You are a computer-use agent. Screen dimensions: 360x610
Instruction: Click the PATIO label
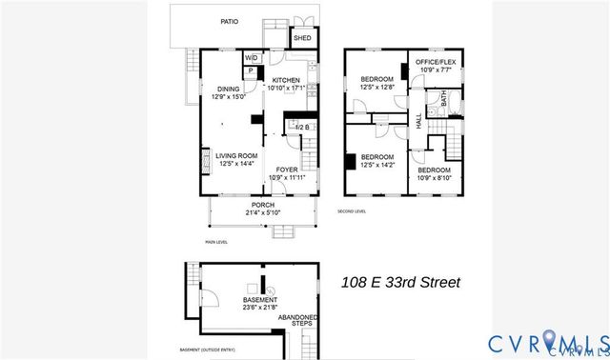[x=229, y=20]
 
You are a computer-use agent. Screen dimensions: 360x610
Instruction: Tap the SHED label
[x=302, y=38]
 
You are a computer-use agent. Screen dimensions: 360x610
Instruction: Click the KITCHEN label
[x=286, y=80]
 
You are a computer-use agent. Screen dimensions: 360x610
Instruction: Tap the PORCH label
[x=262, y=205]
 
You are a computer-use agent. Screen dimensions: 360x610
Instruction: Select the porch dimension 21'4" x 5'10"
[x=262, y=213]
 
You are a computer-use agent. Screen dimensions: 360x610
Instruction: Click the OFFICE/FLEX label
[x=435, y=62]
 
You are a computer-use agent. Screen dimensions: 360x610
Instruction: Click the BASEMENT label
[x=259, y=299]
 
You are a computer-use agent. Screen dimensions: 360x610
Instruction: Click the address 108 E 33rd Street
[x=401, y=282]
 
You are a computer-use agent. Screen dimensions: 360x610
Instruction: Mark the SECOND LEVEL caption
[x=352, y=211]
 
